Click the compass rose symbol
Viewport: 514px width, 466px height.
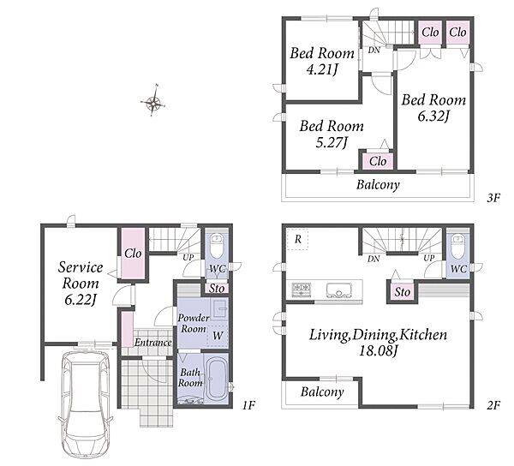tap(153, 102)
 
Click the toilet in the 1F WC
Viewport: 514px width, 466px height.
tap(216, 247)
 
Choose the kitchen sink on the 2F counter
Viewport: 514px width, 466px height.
tap(339, 290)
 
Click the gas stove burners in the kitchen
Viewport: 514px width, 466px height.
tap(302, 290)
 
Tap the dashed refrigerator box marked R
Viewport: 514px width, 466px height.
tap(297, 240)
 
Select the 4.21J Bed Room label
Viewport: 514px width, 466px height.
tap(322, 62)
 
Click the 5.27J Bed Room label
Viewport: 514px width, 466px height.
tap(332, 134)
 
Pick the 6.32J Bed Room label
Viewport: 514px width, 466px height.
tap(433, 108)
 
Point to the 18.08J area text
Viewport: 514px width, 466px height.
tap(379, 351)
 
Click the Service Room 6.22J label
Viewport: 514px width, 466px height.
tap(81, 284)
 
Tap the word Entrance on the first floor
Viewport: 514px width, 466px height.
tap(153, 343)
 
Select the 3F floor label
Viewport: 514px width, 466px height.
tap(493, 198)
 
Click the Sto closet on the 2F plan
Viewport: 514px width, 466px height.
tap(403, 291)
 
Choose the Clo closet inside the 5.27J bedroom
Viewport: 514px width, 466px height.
tap(378, 161)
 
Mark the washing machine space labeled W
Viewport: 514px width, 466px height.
tap(218, 335)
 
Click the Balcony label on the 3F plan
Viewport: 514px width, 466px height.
tap(378, 185)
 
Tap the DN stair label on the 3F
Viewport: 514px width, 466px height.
tap(374, 51)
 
